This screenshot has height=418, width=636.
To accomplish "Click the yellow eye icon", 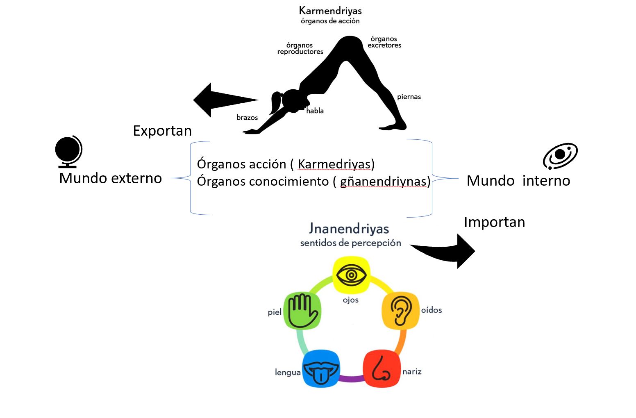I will pos(351,275).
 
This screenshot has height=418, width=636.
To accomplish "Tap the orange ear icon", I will pos(400,310).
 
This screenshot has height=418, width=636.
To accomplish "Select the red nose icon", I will pos(382,368).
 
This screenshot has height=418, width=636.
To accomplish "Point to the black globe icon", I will pos(68,151).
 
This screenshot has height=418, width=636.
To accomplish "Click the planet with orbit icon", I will pos(560,156).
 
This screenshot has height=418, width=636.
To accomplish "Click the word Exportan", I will pos(162,131).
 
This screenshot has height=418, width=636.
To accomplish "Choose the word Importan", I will pos(494,222).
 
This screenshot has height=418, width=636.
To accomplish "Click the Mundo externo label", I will pos(111,178).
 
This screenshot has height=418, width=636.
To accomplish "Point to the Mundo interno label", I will pos(518,181).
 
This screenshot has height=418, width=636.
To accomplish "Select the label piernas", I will pos(409,97).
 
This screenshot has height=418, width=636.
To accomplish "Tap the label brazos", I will pos(247,118).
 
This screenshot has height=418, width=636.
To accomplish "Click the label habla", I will pos(315,111).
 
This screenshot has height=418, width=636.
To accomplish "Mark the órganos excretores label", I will pos(384,42).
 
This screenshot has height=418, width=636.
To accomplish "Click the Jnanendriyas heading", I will pos(349,228).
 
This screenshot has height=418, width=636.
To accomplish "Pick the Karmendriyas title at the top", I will pos(330,10).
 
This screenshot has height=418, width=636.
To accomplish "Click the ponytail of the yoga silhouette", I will pos(275,103).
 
